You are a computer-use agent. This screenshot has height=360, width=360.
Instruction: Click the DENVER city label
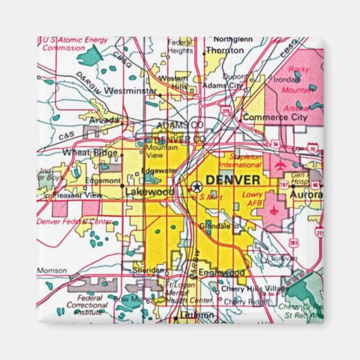(x=233, y=180)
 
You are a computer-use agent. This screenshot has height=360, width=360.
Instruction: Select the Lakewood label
(x=142, y=192)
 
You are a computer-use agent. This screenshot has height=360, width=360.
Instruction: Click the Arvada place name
(x=105, y=120)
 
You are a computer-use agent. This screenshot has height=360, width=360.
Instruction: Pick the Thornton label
(x=225, y=50)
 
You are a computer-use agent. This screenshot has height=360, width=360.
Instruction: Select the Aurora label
(x=306, y=194)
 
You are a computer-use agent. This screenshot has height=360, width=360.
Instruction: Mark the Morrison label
(x=52, y=271)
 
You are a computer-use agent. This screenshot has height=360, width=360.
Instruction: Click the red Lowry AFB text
(x=253, y=198)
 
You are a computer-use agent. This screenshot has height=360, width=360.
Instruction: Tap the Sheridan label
(x=149, y=269)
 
